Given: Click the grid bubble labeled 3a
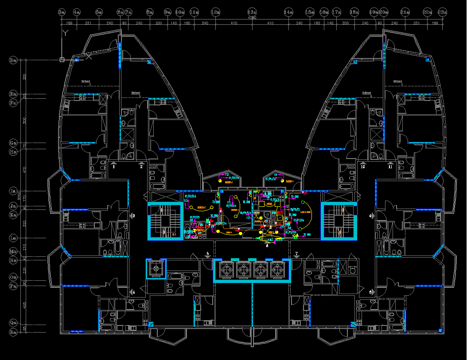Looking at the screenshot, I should tap(62, 12).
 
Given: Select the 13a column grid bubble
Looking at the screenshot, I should tap(252, 12).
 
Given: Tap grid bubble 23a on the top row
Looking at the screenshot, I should tap(442, 12).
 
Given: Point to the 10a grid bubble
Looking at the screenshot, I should tap(180, 12).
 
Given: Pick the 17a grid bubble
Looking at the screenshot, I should tap(337, 12).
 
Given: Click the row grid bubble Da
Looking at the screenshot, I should tap(13, 60).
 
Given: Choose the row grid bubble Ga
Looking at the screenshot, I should tap(13, 143).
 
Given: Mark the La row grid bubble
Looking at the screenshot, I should tap(13, 238).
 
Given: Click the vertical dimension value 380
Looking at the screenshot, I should tap(25, 77).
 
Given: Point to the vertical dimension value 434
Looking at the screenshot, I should tap(25, 305).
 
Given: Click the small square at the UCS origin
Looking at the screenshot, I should tap(62, 59).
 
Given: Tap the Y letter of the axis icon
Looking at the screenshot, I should tap(65, 32).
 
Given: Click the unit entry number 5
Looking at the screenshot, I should tap(207, 254).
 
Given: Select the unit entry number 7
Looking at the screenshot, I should tap(297, 254).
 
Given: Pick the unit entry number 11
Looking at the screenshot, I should tap(390, 167).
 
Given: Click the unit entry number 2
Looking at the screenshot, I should tap(141, 167).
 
